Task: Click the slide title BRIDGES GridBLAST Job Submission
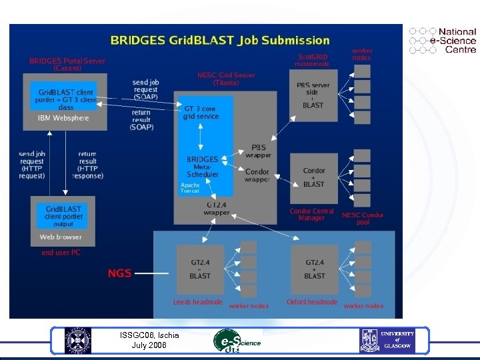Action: pos(220,41)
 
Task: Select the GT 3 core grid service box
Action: pos(200,112)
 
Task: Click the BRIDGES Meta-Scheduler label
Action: pos(202,167)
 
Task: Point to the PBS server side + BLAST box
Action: pos(313,95)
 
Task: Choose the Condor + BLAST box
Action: pos(314,177)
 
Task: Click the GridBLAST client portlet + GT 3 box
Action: pos(66,95)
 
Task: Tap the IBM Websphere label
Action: pos(63,118)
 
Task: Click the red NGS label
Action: pos(120,273)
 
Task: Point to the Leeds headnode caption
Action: pos(197,302)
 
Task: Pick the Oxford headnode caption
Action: pos(312,302)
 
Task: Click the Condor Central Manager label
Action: pos(312,215)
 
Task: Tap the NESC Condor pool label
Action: pos(363,219)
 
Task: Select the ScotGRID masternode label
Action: pos(312,60)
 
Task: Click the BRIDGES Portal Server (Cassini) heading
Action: pos(67,64)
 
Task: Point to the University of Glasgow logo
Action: pos(388,341)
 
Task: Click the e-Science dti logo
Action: pos(236,341)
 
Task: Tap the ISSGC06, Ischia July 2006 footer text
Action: pos(149,340)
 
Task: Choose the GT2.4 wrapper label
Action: pos(217,209)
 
